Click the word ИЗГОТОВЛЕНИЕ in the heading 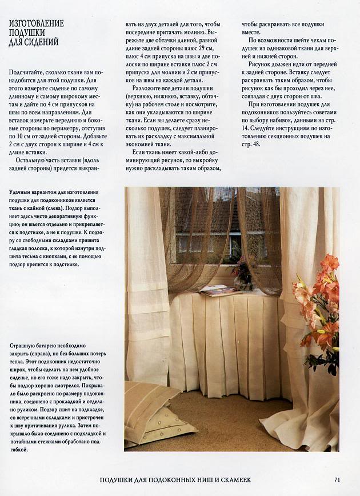[x=36, y=23]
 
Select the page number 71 [x=338, y=479]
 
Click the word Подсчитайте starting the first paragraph [x=27, y=73]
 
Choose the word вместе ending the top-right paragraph [x=253, y=33]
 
